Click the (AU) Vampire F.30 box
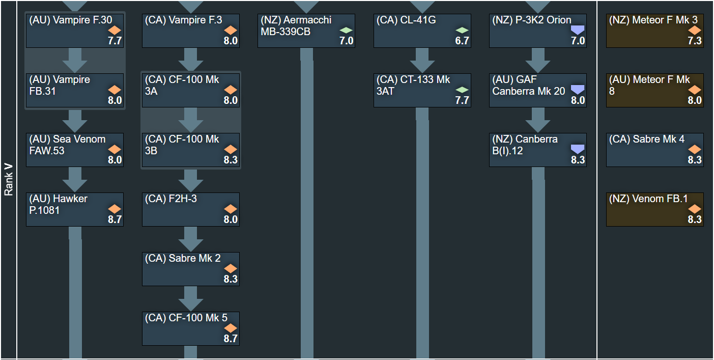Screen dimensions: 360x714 (x=74, y=31)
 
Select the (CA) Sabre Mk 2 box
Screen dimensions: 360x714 (x=190, y=269)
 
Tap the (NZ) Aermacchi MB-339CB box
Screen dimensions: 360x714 (x=306, y=31)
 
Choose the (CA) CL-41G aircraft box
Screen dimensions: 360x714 (x=422, y=31)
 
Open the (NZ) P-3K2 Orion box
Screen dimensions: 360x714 (x=537, y=31)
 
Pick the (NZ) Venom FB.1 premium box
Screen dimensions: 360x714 (x=654, y=209)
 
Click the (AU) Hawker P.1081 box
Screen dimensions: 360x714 (x=74, y=209)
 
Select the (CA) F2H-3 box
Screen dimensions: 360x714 (x=190, y=209)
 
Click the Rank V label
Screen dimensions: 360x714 (x=9, y=180)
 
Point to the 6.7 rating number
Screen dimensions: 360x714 (x=462, y=41)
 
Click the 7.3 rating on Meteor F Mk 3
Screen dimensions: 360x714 (x=695, y=41)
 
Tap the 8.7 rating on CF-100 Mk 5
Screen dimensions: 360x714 (x=231, y=339)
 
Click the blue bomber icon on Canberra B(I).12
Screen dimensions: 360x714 (x=578, y=149)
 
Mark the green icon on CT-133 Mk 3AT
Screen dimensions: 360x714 (x=462, y=90)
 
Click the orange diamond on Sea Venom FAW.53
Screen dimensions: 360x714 (x=115, y=149)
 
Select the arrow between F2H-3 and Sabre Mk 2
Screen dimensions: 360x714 (x=191, y=239)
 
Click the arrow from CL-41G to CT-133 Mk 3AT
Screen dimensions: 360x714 (x=422, y=60)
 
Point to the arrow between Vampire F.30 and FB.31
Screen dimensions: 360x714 (x=75, y=60)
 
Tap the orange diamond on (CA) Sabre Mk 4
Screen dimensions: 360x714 (x=695, y=149)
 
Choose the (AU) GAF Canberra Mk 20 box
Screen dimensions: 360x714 (x=537, y=90)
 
